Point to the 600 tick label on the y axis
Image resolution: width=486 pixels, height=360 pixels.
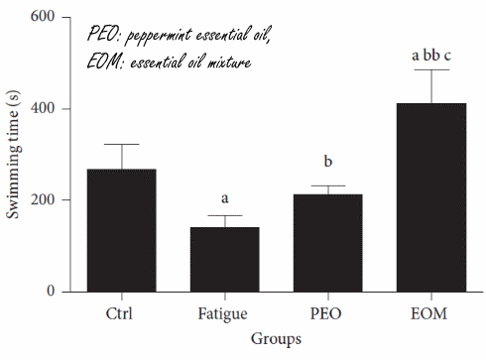point(45,18)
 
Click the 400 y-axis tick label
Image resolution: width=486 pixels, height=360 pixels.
point(45,109)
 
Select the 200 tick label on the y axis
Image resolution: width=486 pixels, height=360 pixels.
point(45,200)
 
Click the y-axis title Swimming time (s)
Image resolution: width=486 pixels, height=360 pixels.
point(14,154)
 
